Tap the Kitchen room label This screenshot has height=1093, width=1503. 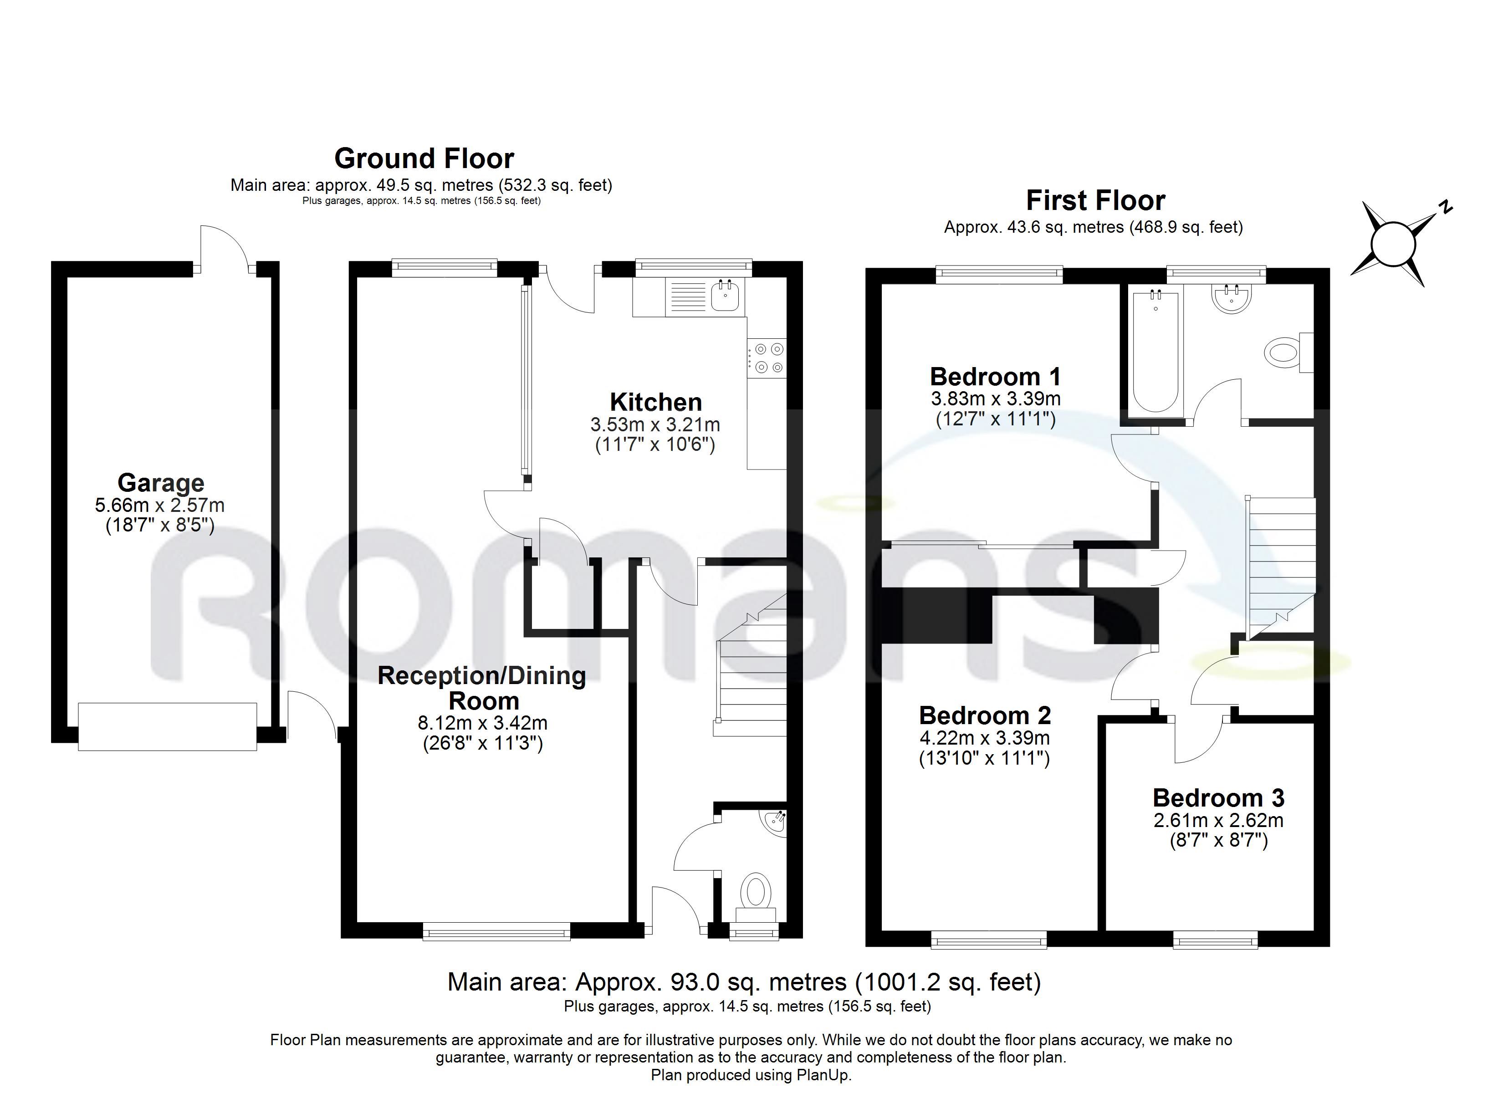tap(655, 402)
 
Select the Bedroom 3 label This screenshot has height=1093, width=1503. tap(1218, 798)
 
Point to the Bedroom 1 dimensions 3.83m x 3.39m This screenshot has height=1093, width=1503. tap(995, 399)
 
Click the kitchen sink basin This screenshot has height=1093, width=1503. tap(725, 296)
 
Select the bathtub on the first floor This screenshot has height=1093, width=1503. tap(1156, 352)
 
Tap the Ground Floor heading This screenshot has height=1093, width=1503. tap(424, 158)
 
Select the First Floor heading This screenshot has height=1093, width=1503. tap(1095, 200)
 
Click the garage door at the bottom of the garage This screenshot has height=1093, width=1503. tap(168, 726)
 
